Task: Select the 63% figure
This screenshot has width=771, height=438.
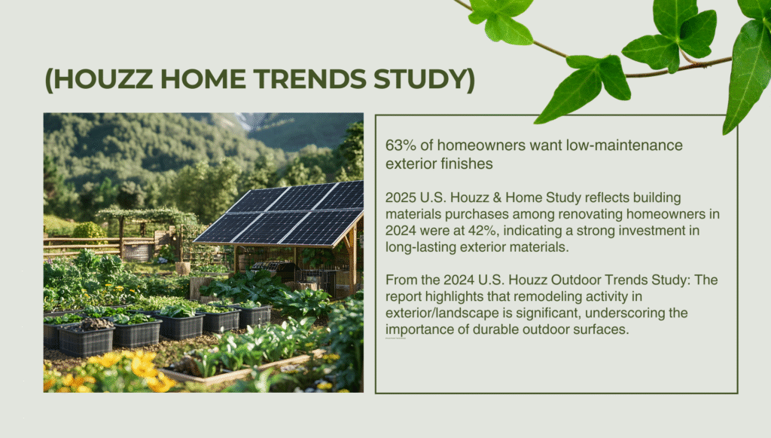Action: pos(399,145)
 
